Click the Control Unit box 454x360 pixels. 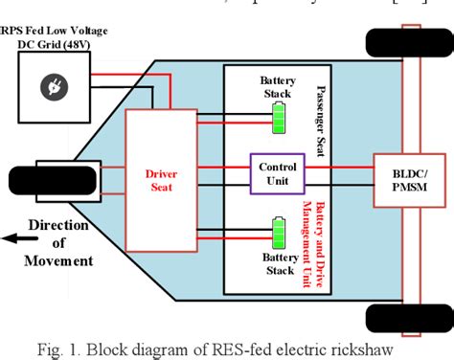coord(278,174)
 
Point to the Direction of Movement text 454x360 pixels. coord(59,244)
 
